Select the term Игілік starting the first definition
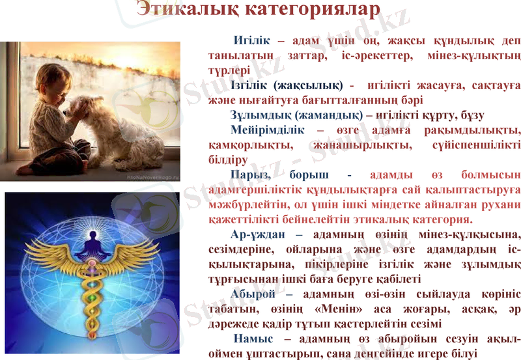pos(253,40)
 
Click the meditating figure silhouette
pos(91,241)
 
